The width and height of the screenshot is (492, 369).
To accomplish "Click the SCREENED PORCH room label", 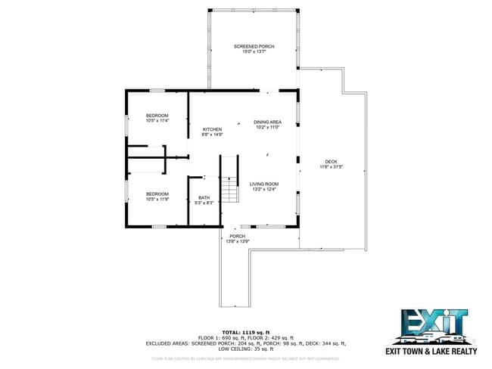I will click(254, 47).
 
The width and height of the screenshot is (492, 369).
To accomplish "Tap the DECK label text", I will click(331, 161).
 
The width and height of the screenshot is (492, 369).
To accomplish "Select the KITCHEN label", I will click(212, 130).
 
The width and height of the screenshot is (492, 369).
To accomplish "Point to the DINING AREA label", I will click(267, 122).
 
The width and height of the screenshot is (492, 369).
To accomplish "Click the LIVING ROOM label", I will click(265, 184).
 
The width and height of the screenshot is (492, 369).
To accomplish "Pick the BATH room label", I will click(204, 197).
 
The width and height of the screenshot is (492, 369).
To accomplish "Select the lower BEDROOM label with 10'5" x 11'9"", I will click(157, 194).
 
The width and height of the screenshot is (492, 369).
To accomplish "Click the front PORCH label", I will click(238, 236).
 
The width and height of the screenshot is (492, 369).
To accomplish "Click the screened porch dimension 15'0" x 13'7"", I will click(254, 52).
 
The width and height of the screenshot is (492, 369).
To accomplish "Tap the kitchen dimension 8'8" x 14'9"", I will click(212, 135).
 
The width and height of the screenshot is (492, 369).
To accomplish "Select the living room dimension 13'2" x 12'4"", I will click(265, 189).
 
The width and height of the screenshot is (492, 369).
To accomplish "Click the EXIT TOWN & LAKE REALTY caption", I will click(432, 352).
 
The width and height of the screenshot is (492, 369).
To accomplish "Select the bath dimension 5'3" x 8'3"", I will click(204, 203).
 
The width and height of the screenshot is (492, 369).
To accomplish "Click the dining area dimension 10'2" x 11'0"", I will click(267, 128).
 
